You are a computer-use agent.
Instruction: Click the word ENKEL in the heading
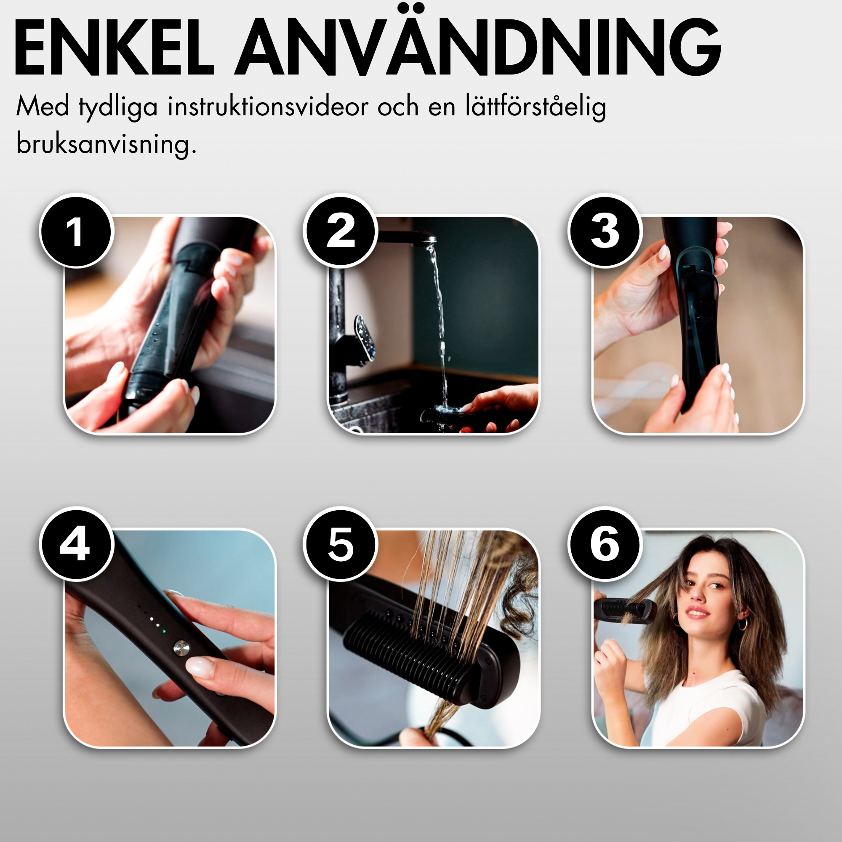(x=114, y=48)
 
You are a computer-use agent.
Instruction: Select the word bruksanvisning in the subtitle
(x=107, y=144)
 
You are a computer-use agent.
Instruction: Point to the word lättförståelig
(x=536, y=107)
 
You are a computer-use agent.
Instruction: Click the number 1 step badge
(x=76, y=231)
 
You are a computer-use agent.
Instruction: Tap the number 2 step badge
(x=340, y=231)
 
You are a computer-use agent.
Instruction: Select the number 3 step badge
(x=605, y=231)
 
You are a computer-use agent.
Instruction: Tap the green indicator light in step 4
(x=163, y=631)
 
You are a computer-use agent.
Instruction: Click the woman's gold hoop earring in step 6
(x=741, y=624)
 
